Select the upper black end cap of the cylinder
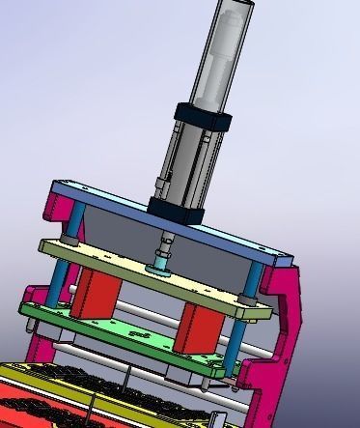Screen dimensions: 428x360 (205, 121)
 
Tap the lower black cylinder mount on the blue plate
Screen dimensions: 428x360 (177, 206)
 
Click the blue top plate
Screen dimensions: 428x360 (116, 198)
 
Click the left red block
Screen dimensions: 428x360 (94, 294)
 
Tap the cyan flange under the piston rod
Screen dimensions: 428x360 (159, 262)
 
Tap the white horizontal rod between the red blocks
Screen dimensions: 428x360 (145, 310)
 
